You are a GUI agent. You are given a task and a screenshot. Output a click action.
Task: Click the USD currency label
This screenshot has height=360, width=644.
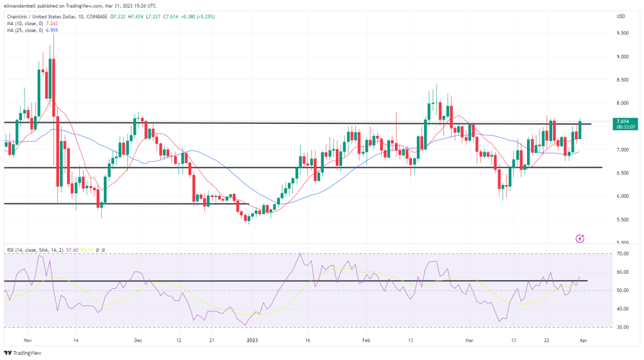click(x=621, y=15)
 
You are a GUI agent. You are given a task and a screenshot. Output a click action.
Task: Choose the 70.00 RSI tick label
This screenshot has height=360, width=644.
click(x=623, y=254)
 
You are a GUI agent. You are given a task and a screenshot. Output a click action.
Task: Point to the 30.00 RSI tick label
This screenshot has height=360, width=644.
click(x=623, y=327)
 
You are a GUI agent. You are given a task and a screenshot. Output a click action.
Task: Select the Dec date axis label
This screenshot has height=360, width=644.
click(x=138, y=339)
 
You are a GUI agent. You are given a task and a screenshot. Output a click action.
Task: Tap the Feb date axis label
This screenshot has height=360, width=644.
click(x=367, y=339)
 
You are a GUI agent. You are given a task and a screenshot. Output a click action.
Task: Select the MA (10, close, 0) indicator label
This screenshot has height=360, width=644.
click(x=26, y=23)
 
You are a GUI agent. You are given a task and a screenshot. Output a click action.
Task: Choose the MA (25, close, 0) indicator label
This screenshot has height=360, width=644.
click(x=26, y=30)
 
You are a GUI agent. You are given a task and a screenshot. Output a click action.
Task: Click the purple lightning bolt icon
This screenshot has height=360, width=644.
click(x=580, y=239)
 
